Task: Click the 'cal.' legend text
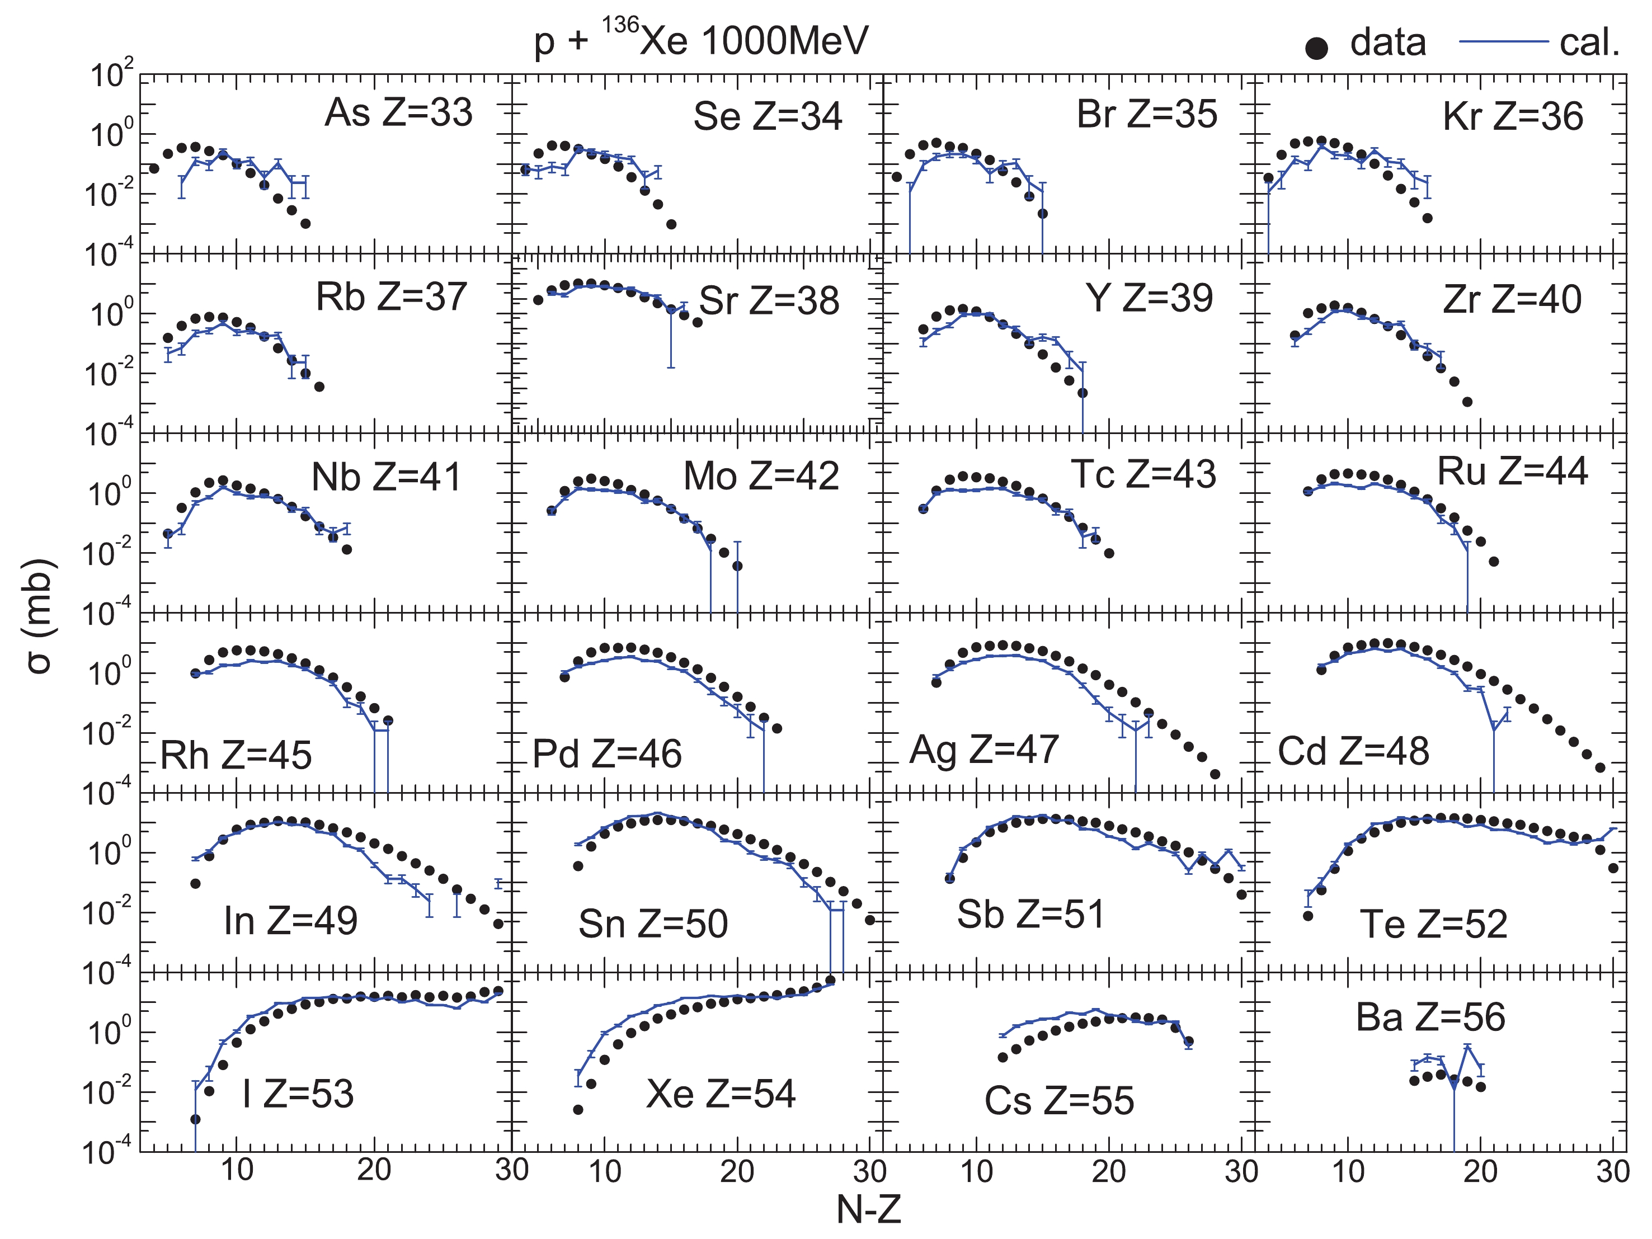[1589, 43]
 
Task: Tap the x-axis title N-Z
[868, 1209]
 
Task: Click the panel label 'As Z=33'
[398, 113]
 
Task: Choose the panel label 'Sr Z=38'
[769, 301]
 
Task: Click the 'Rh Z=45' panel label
[236, 755]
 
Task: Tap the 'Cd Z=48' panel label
[1353, 751]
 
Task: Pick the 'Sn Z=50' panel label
[653, 924]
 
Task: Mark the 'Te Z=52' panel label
[1433, 924]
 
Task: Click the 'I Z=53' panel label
[298, 1094]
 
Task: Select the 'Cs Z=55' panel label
[1059, 1101]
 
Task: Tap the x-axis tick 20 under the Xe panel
[736, 1172]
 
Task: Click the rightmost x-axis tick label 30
[1613, 1172]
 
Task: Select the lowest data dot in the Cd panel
[1600, 768]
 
